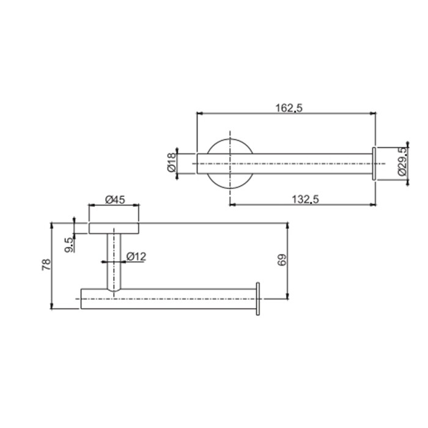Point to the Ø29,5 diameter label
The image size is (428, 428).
401,163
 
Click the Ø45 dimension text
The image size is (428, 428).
115,199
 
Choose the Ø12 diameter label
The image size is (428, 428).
136,257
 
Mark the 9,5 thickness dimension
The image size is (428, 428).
69,243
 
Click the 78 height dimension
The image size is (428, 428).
46,265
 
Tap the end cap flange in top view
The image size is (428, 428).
373,163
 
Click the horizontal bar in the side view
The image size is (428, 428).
183,298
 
